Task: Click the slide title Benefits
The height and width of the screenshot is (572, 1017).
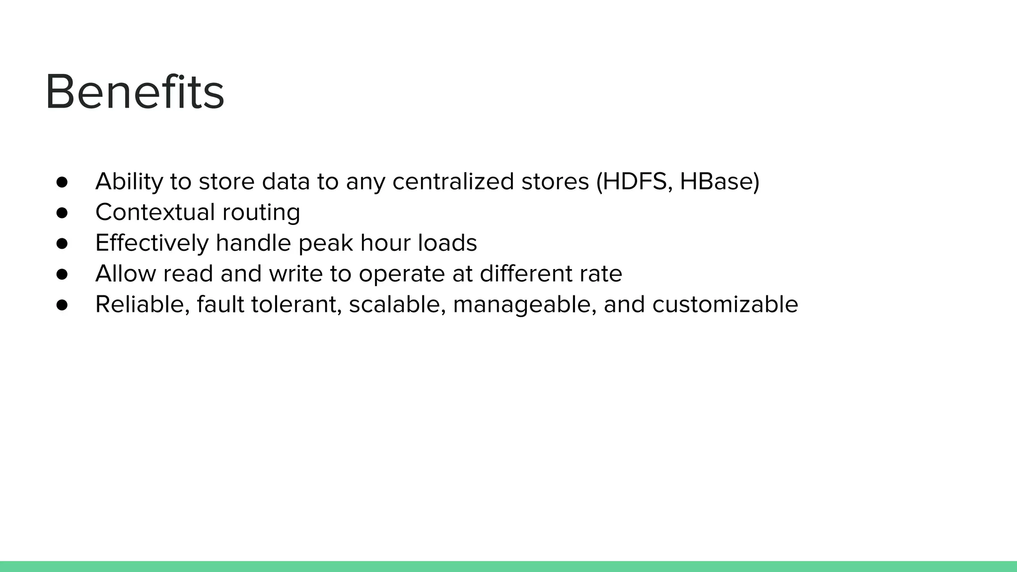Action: pos(135,92)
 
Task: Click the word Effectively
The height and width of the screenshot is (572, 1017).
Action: pos(151,243)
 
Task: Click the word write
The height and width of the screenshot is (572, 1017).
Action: pos(295,274)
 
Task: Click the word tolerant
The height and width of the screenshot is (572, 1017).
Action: pos(296,305)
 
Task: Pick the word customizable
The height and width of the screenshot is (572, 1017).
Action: pos(725,305)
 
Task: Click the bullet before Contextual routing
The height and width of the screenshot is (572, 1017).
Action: pos(62,213)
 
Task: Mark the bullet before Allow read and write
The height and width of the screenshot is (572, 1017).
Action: pos(62,275)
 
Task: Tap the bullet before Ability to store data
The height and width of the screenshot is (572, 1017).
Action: pos(62,182)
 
